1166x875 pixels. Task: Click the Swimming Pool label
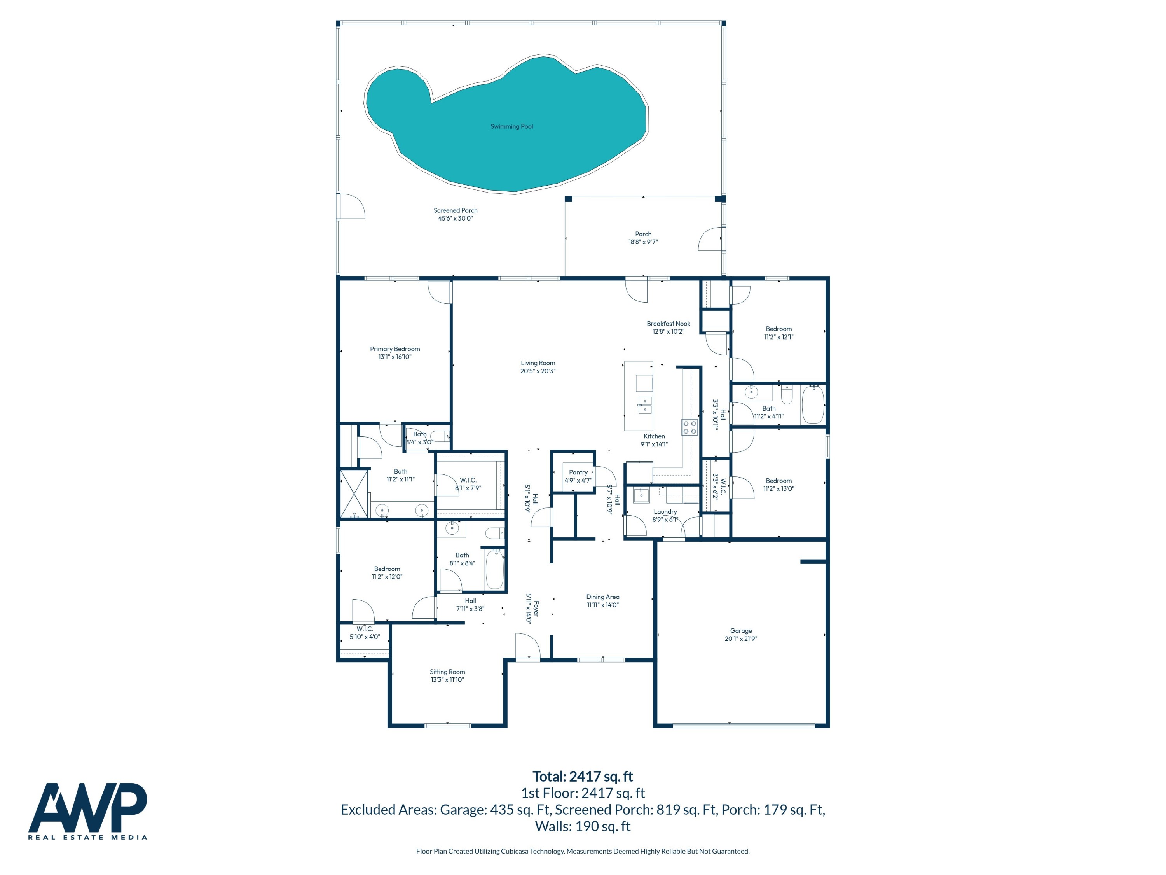click(511, 126)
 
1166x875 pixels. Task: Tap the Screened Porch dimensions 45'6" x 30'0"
click(456, 218)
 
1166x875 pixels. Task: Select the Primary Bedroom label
click(395, 349)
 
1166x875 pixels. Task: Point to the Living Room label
click(538, 363)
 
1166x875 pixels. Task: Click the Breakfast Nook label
click(669, 324)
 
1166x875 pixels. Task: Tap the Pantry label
click(578, 472)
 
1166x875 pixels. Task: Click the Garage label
click(741, 631)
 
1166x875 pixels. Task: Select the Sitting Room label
click(447, 672)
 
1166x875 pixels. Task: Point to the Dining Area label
click(602, 597)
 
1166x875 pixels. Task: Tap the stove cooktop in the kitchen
click(689, 427)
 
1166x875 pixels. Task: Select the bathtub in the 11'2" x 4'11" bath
click(812, 404)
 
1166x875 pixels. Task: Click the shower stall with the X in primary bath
click(354, 493)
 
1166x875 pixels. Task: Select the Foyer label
click(536, 609)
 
